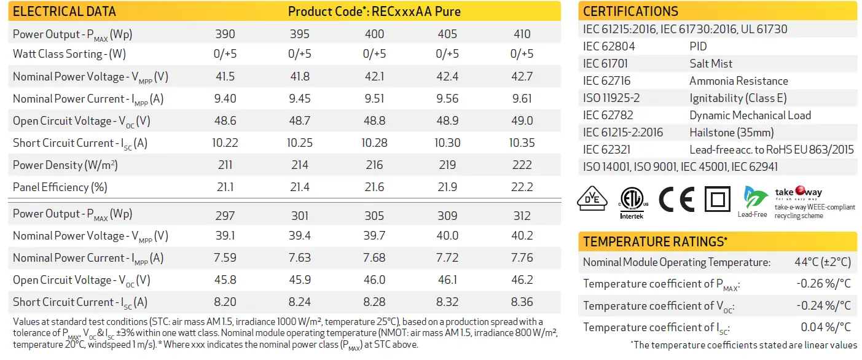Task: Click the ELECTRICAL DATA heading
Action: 64,12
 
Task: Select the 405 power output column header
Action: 447,34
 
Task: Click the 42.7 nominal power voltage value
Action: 522,77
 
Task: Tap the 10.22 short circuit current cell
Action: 225,143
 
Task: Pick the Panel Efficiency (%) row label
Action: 60,187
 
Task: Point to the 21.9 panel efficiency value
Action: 447,187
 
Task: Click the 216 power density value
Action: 374,165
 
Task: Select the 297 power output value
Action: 225,214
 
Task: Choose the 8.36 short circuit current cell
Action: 522,302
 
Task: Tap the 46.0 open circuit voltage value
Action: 374,280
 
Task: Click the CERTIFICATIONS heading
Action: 630,12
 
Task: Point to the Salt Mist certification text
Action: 711,64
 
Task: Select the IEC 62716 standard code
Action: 606,81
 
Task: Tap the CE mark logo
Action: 676,199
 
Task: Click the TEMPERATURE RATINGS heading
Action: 655,242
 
